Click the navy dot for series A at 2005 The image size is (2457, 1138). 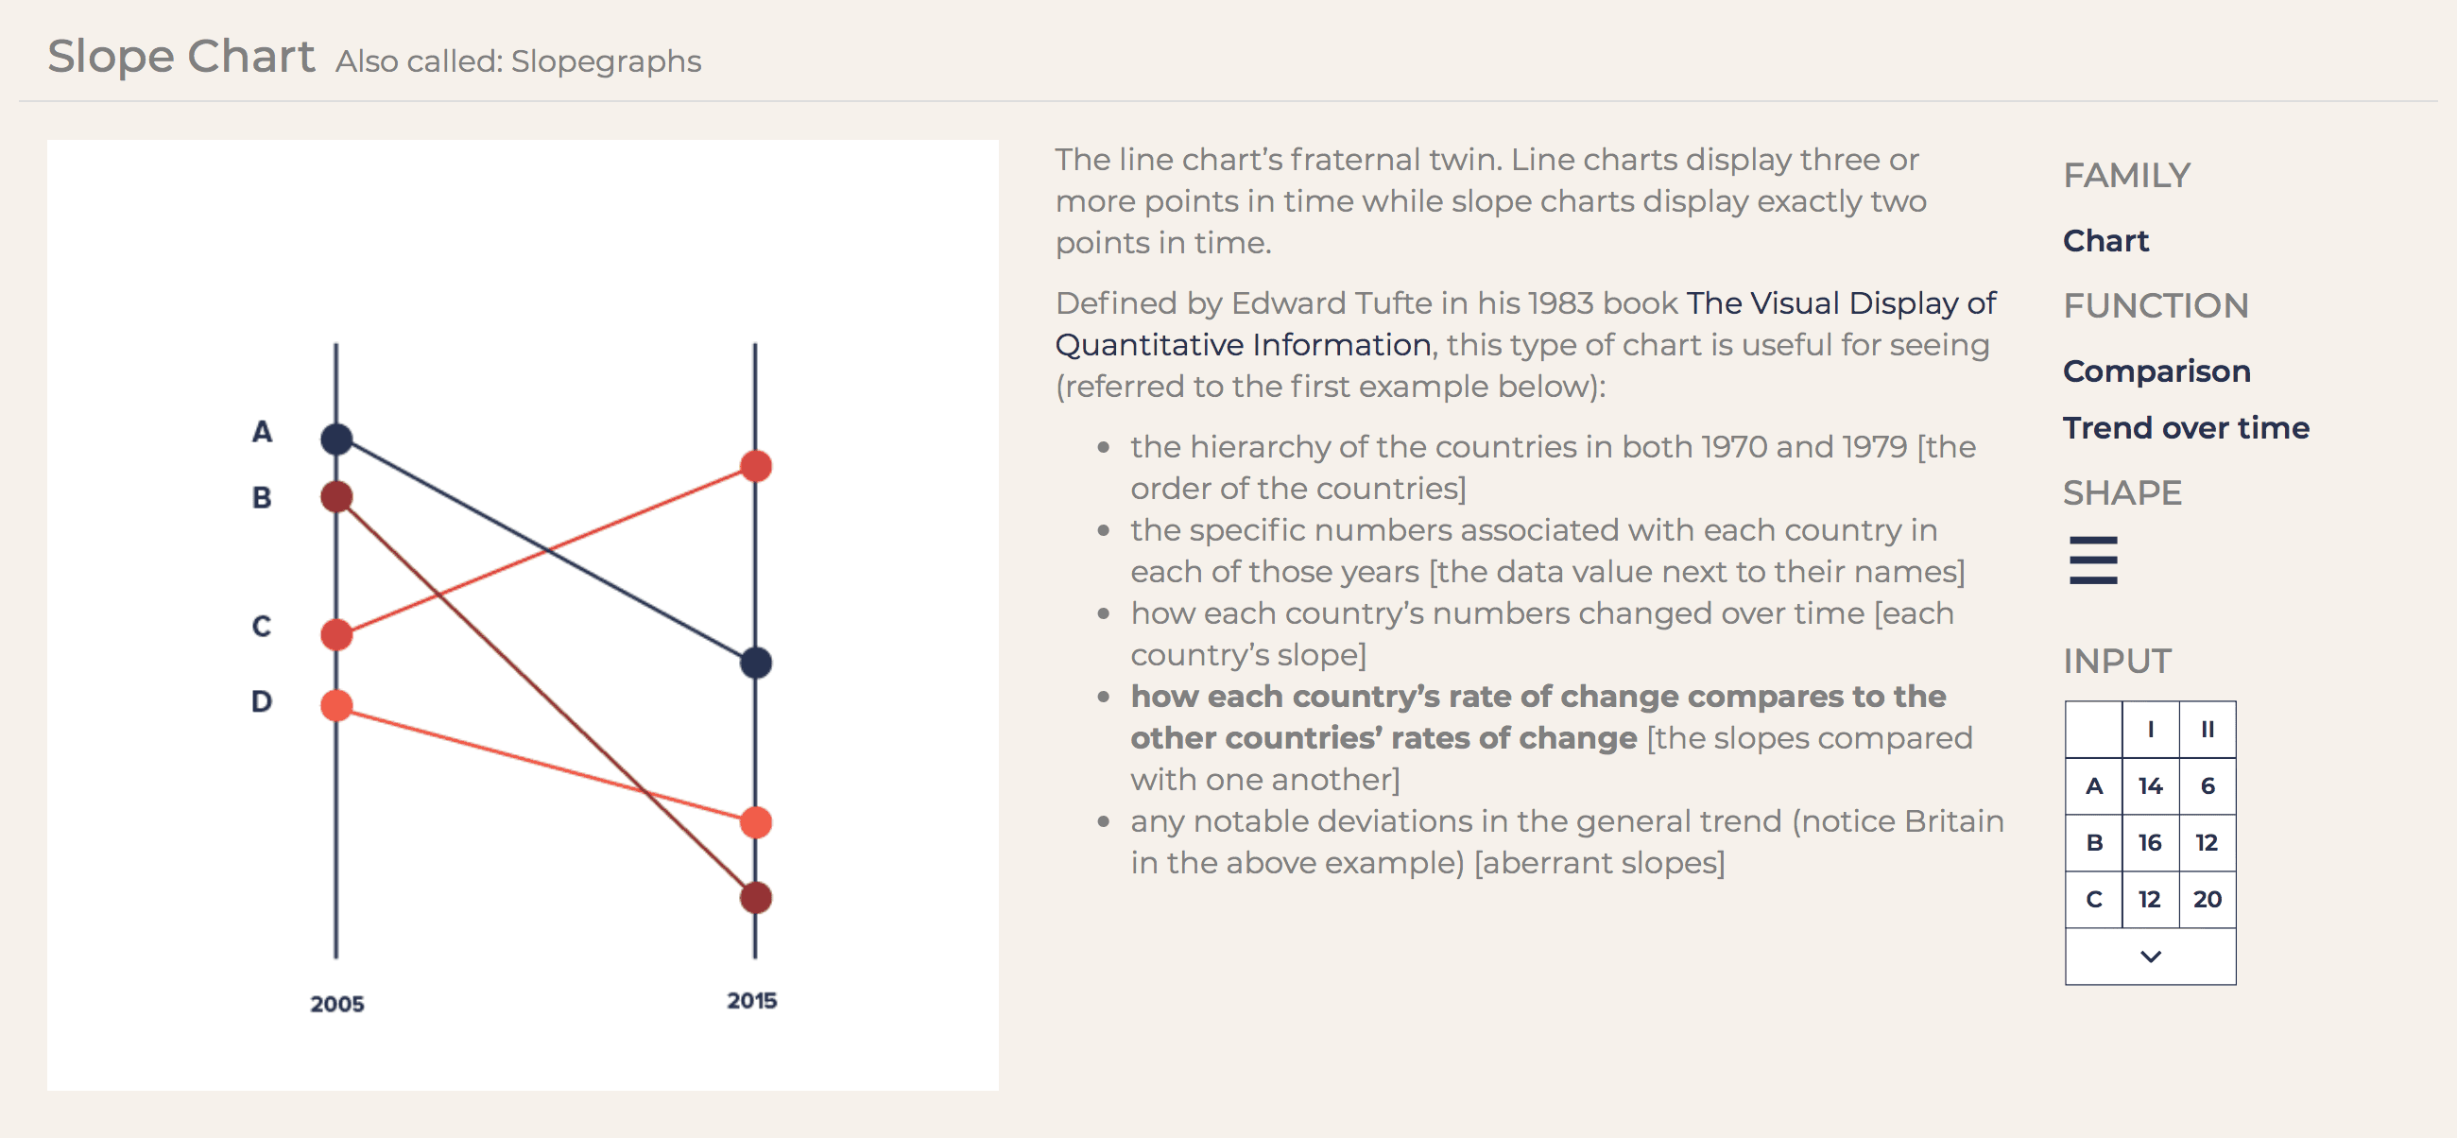click(335, 439)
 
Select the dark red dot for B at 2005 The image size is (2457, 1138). click(335, 496)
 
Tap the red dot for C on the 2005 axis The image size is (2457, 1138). click(335, 634)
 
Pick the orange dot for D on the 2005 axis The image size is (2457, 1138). click(335, 705)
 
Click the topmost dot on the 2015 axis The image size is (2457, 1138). click(755, 465)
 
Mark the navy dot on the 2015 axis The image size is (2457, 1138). click(755, 662)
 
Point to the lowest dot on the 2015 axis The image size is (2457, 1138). click(755, 897)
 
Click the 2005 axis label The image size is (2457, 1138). click(336, 1004)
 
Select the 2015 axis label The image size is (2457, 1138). click(751, 1001)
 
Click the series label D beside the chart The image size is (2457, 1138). click(262, 701)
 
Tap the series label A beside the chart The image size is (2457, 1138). click(263, 431)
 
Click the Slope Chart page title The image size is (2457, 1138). click(181, 57)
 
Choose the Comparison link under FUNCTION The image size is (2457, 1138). click(2156, 371)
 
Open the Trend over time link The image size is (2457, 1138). click(2186, 427)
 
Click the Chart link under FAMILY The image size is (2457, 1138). click(2106, 240)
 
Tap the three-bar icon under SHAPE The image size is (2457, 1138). click(2092, 560)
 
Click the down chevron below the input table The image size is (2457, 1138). click(2150, 956)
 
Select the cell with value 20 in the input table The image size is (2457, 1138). click(2208, 899)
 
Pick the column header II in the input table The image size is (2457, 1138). click(2208, 729)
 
